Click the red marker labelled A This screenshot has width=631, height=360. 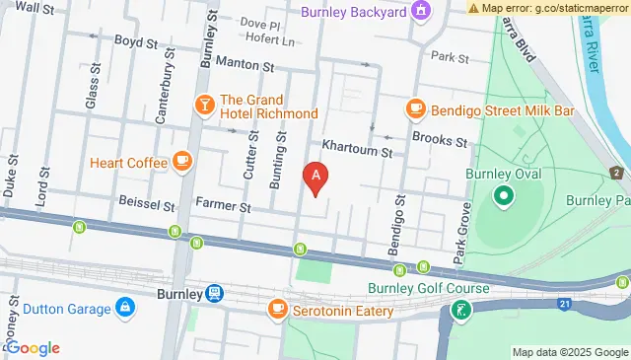click(x=315, y=179)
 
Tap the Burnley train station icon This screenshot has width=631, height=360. click(x=214, y=293)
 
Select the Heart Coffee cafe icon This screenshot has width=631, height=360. click(x=181, y=161)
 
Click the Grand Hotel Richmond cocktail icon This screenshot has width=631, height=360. click(x=204, y=105)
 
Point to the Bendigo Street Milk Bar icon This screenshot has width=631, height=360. click(x=415, y=109)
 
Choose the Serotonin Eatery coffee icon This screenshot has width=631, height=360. click(x=276, y=311)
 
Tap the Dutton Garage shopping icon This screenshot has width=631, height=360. click(x=125, y=309)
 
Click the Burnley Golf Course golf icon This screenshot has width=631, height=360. click(x=459, y=312)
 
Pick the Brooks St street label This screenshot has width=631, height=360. click(x=440, y=141)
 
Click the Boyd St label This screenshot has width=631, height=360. click(x=136, y=43)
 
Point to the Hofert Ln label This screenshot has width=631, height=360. click(x=275, y=41)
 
